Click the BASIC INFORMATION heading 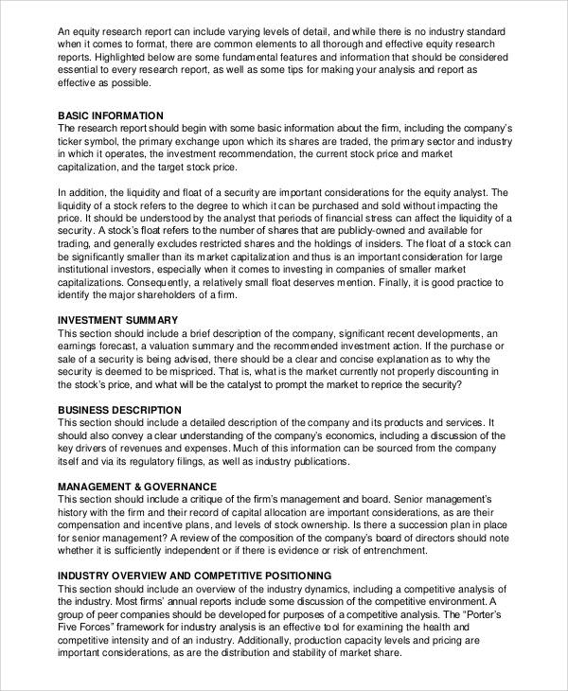pyautogui.click(x=116, y=115)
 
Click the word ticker pyautogui.click(x=72, y=141)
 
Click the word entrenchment pyautogui.click(x=430, y=550)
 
